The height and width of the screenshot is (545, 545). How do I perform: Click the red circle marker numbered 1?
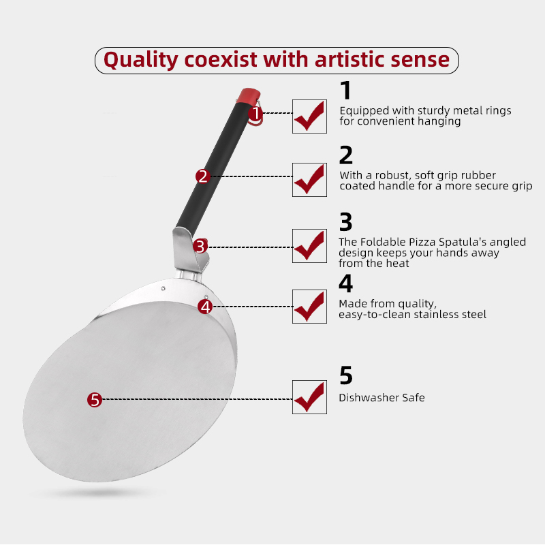[255, 113]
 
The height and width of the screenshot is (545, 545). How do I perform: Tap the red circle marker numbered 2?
[203, 176]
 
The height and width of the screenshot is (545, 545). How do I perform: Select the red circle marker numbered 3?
[200, 247]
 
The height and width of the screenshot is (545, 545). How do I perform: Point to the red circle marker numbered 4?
[205, 307]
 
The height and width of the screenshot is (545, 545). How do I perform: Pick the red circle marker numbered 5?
[95, 400]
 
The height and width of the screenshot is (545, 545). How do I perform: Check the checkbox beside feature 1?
[309, 116]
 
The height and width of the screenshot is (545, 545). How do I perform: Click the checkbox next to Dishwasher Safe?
[309, 397]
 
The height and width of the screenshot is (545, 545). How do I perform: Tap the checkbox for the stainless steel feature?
[309, 307]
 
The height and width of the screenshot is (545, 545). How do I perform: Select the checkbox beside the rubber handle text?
[309, 180]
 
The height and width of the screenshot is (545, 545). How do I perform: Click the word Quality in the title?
[141, 60]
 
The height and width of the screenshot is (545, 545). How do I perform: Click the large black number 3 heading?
[346, 222]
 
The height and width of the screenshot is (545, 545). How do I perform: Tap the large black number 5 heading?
[346, 375]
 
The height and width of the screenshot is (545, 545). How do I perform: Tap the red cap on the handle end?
[249, 95]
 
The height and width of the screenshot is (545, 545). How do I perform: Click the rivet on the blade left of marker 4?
[163, 288]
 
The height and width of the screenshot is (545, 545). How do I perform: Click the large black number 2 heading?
[346, 155]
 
